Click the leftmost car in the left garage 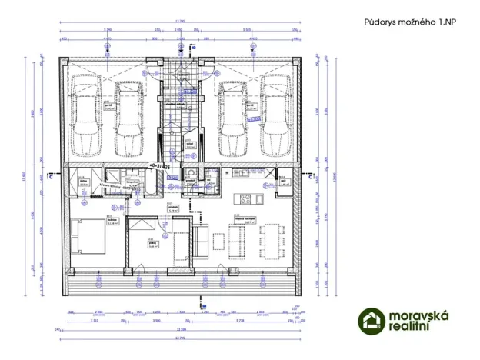tap(85, 113)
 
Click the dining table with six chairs tap(268, 240)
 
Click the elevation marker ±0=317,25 tap(161, 165)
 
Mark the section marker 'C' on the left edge tap(48, 175)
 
